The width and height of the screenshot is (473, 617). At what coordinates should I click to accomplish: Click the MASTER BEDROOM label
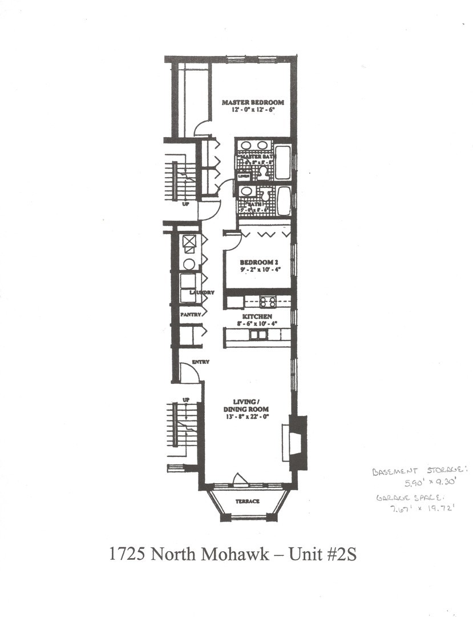252,103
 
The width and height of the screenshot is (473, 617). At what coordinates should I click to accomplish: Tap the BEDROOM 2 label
258,262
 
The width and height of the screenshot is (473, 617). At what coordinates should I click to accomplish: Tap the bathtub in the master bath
283,162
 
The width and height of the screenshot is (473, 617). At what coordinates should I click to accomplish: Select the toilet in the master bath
264,171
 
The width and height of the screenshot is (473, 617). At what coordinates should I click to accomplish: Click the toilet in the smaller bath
263,194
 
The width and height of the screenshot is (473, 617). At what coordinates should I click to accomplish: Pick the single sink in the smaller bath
245,191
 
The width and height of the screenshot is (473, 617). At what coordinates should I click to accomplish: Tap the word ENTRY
200,362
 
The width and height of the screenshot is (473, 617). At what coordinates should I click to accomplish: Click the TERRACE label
248,501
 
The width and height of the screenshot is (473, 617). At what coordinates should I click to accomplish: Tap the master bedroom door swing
202,129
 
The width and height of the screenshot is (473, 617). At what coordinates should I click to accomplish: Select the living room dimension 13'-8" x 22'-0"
246,417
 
